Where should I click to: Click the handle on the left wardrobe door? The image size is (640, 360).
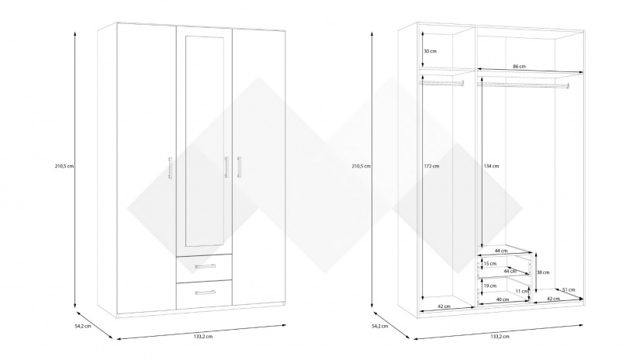(x=170, y=168)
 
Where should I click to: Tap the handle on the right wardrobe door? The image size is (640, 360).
(x=240, y=168)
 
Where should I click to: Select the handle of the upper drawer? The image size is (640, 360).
(x=205, y=266)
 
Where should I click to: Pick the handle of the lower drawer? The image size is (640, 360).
(x=205, y=292)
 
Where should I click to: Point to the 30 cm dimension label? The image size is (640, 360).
(x=430, y=51)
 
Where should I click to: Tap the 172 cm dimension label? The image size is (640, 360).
(x=431, y=166)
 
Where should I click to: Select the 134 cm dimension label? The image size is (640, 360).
(x=490, y=166)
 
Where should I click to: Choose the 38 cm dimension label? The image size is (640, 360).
(x=544, y=272)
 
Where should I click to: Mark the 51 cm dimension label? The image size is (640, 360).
(x=569, y=290)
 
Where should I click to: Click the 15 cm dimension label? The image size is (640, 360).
(x=490, y=264)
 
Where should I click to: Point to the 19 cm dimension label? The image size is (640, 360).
(x=490, y=286)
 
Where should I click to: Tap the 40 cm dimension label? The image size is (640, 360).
(x=502, y=299)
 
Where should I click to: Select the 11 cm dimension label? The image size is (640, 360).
(x=520, y=291)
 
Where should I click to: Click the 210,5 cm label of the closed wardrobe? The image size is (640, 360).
(x=65, y=166)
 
